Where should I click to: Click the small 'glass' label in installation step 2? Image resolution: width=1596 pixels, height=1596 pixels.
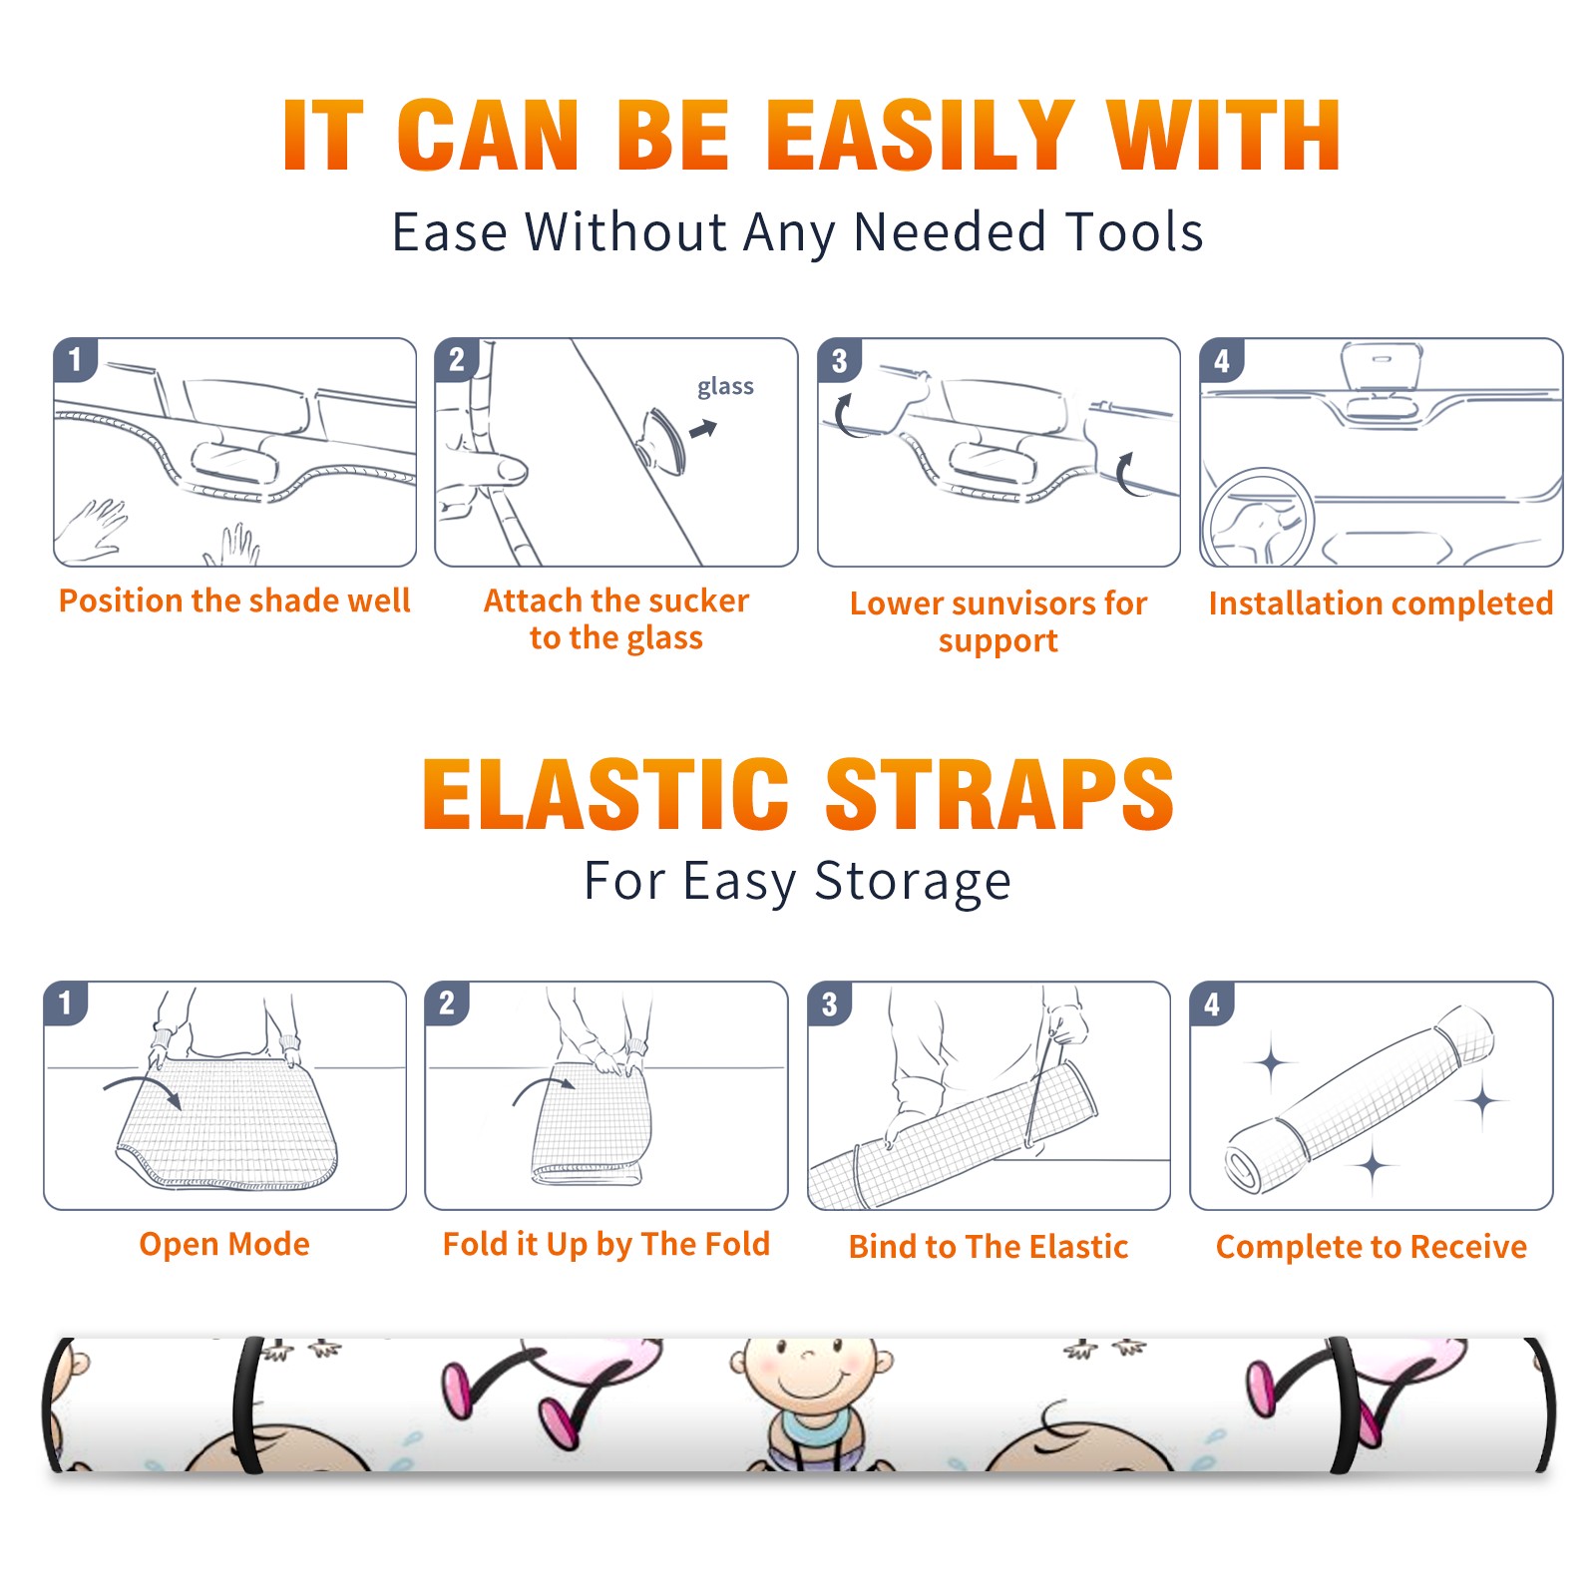point(725,387)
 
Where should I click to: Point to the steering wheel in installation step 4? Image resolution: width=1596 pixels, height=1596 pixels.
point(1257,519)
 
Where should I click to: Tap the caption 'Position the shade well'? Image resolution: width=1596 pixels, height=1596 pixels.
point(234,600)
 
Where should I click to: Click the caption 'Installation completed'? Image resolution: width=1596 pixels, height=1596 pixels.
point(1381,603)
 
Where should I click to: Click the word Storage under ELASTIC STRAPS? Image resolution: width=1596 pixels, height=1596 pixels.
point(913,882)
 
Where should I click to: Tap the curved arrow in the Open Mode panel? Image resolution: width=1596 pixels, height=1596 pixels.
point(143,1090)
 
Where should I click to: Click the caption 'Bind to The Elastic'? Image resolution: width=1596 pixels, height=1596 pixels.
point(989,1247)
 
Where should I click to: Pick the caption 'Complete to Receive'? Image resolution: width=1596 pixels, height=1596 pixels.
point(1372,1247)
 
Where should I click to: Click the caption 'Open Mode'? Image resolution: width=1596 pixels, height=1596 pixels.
point(224,1245)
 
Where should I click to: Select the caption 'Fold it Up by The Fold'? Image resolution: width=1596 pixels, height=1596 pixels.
point(606,1245)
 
